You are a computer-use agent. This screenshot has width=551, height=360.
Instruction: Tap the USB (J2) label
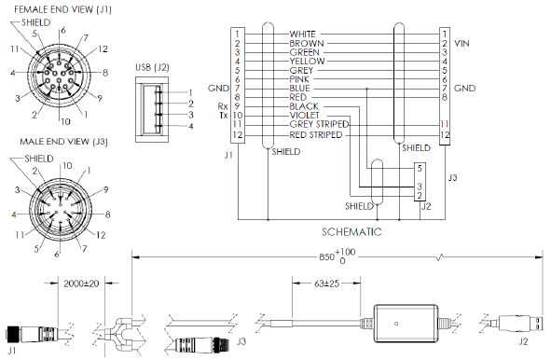click(x=153, y=67)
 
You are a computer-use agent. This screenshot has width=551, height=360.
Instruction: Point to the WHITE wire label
click(x=306, y=35)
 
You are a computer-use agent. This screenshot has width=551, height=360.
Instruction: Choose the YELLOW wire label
click(x=309, y=62)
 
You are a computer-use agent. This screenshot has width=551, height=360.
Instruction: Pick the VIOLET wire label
click(x=307, y=115)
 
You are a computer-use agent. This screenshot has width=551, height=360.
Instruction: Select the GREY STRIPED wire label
click(x=320, y=124)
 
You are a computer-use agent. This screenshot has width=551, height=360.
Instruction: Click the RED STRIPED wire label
click(x=318, y=134)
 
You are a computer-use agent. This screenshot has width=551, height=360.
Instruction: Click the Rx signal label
click(x=222, y=106)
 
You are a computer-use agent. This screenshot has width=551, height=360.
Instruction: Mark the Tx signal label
click(x=222, y=115)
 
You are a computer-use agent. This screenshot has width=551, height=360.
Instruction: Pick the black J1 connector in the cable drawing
click(x=29, y=334)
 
